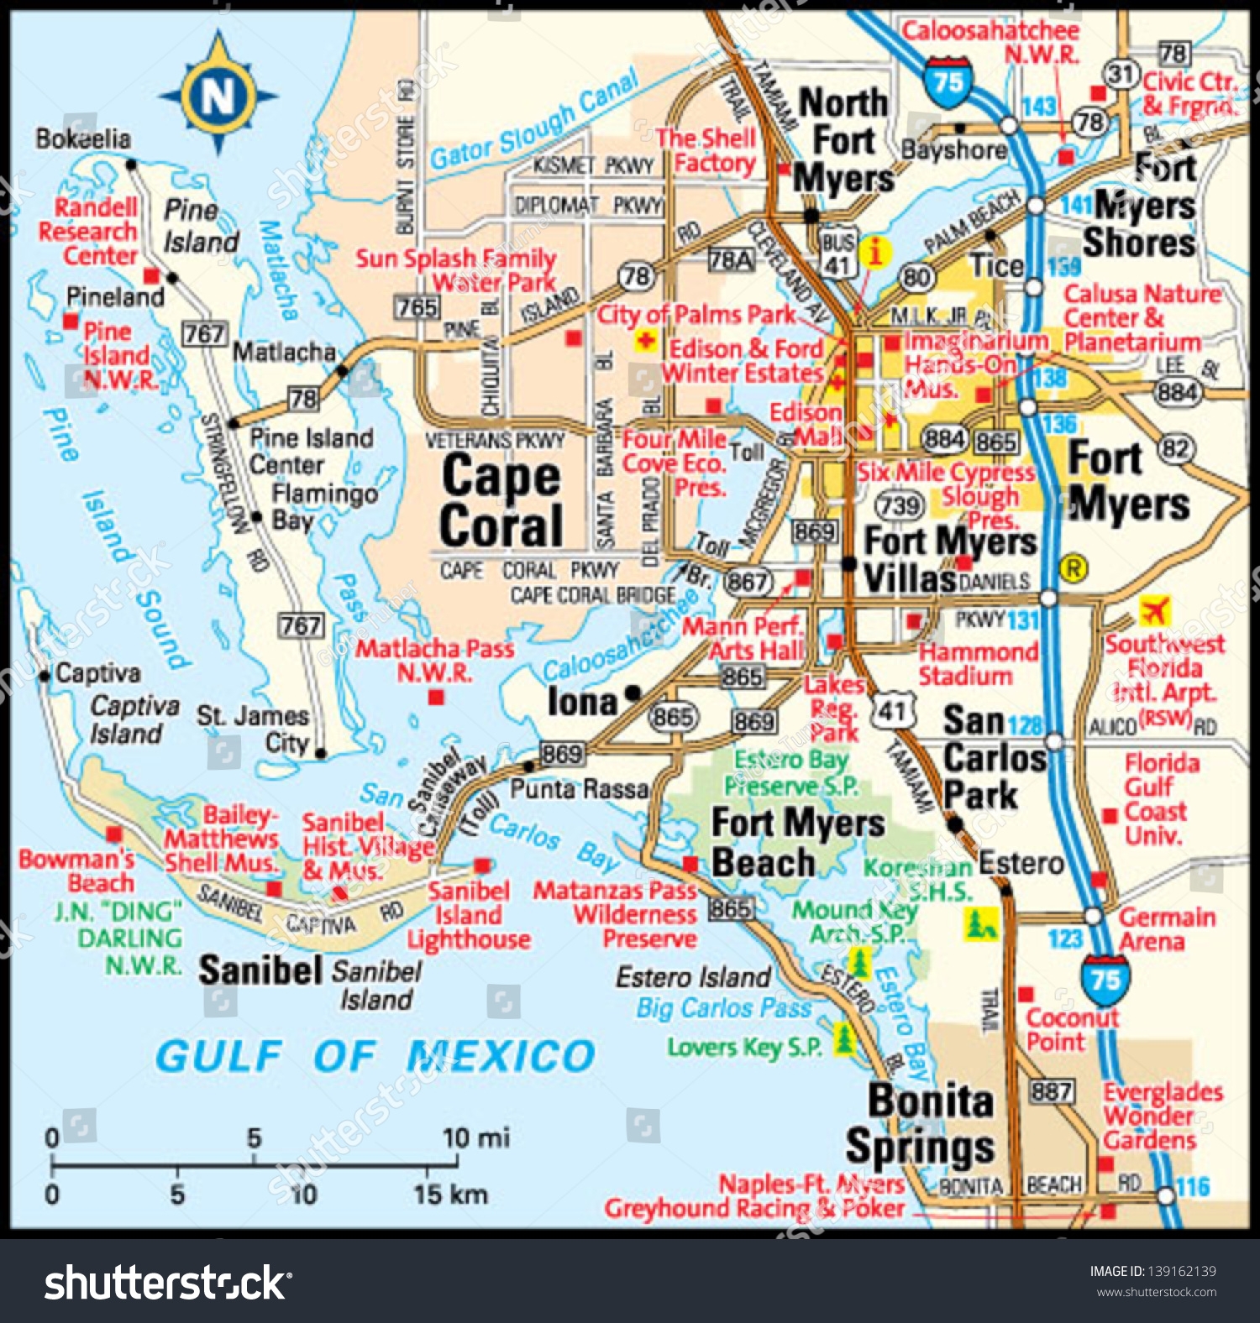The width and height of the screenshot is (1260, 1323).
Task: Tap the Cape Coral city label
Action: tap(501, 501)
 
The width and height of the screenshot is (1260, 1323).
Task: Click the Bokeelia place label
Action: tap(82, 139)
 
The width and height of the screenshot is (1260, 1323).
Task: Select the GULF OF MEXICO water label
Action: tap(375, 1055)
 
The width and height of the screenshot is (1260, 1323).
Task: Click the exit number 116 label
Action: tap(1193, 1186)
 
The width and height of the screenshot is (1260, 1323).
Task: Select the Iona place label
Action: tap(582, 702)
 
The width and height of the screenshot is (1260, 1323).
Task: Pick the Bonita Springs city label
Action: tap(921, 1123)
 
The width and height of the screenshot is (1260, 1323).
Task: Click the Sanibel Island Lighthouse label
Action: tap(469, 915)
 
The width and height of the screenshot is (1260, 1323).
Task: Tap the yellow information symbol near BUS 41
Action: tap(875, 253)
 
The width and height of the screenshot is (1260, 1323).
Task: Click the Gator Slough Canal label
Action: tap(534, 123)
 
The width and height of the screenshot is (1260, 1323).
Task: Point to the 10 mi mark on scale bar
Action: tap(475, 1138)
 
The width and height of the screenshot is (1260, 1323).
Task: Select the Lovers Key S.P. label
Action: tap(744, 1047)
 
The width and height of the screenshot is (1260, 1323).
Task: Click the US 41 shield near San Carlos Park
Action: tap(892, 711)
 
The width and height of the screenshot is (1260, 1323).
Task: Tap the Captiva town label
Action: tap(97, 672)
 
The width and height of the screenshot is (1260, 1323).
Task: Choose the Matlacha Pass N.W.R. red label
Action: tap(434, 660)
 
